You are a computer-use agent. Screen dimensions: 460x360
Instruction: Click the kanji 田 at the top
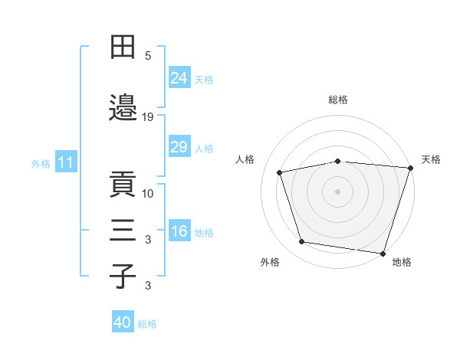[x=123, y=47]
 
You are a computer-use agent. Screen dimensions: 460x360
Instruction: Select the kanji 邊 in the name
[x=123, y=107]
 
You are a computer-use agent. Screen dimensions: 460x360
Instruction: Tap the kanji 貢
[x=123, y=184]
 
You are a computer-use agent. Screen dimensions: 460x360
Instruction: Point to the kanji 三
[x=123, y=230]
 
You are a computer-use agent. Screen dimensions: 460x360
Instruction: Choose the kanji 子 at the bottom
[x=123, y=277]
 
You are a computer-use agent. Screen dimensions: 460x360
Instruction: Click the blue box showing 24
[x=179, y=77]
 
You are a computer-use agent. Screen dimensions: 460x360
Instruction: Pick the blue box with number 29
[x=179, y=146]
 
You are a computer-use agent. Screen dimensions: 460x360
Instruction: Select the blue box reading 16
[x=179, y=230]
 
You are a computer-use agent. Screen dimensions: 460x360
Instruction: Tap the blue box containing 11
[x=66, y=162]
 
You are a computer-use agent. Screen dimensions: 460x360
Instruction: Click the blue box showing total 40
[x=123, y=321]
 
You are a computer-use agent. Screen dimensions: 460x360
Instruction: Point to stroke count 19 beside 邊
[x=147, y=117]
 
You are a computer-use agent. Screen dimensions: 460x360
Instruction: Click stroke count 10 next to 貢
[x=147, y=194]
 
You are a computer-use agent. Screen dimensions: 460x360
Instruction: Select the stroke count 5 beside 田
[x=148, y=56]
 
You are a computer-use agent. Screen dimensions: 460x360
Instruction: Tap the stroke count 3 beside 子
[x=148, y=286]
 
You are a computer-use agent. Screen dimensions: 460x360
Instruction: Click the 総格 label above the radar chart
[x=338, y=100]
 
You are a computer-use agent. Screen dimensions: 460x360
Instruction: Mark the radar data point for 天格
[x=411, y=168]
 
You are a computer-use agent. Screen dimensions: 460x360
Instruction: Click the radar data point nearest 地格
[x=383, y=254]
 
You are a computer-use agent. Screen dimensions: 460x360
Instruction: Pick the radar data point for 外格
[x=301, y=242]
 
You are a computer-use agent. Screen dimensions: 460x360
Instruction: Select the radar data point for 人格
[x=279, y=172]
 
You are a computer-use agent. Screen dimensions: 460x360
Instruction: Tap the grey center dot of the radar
[x=337, y=191]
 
